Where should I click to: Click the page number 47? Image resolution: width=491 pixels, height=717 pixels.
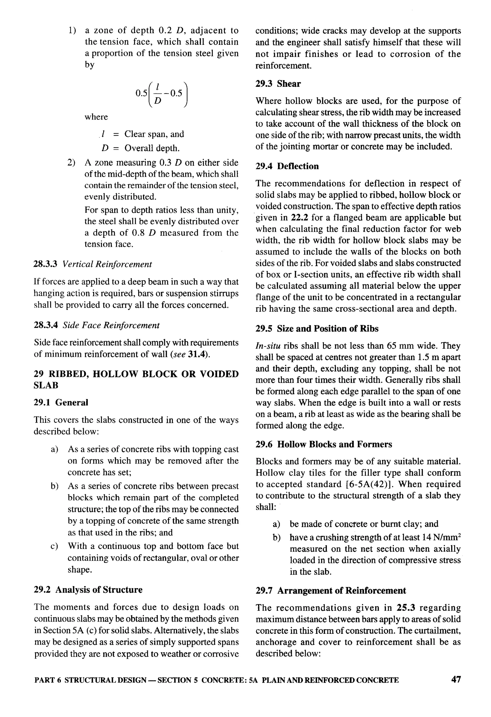click(456, 688)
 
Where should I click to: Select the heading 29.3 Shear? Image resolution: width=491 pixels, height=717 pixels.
click(278, 84)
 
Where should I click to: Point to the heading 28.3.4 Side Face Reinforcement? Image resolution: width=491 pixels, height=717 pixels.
click(96, 325)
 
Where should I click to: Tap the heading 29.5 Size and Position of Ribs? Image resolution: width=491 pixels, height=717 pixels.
click(317, 329)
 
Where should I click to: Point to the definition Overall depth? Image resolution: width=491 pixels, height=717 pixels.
click(152, 148)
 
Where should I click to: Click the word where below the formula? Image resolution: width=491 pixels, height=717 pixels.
click(96, 117)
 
